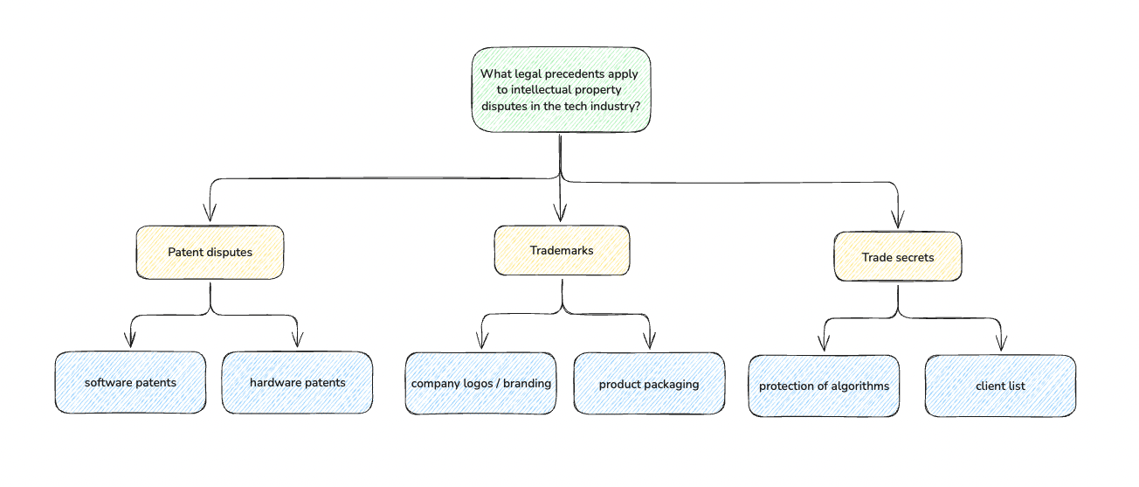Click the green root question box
pos(561,90)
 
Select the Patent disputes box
pos(210,252)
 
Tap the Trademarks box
pos(562,250)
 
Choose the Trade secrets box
pos(898,257)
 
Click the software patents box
pos(130,382)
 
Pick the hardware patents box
pos(297,382)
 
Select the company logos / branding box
pos(480,383)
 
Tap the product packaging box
pos(649,384)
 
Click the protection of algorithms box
pos(824,386)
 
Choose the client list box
pos(1000,386)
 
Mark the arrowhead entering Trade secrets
pos(898,220)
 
